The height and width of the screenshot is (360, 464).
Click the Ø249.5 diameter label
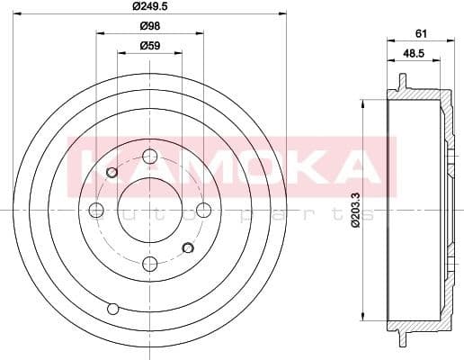pos(150,6)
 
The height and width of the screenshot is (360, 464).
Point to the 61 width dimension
pos(420,33)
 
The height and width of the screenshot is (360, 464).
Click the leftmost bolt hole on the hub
pos(96,210)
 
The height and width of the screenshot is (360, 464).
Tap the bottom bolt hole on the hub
pos(150,263)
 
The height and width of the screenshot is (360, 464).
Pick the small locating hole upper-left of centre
pos(112,172)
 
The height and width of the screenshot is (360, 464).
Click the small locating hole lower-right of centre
pos(187,247)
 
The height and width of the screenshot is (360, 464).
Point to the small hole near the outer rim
pos(112,309)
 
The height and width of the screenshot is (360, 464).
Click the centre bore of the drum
pos(150,210)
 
